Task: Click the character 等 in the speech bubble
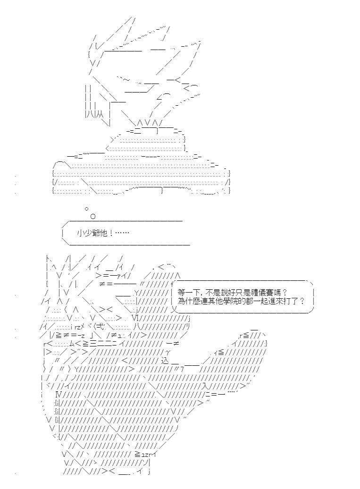tap(181, 293)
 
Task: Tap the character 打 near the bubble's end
tap(287, 301)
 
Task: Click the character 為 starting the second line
tap(181, 301)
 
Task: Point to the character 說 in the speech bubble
tap(230, 293)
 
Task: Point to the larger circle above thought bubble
tap(92, 216)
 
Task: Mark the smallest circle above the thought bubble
tap(86, 209)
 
